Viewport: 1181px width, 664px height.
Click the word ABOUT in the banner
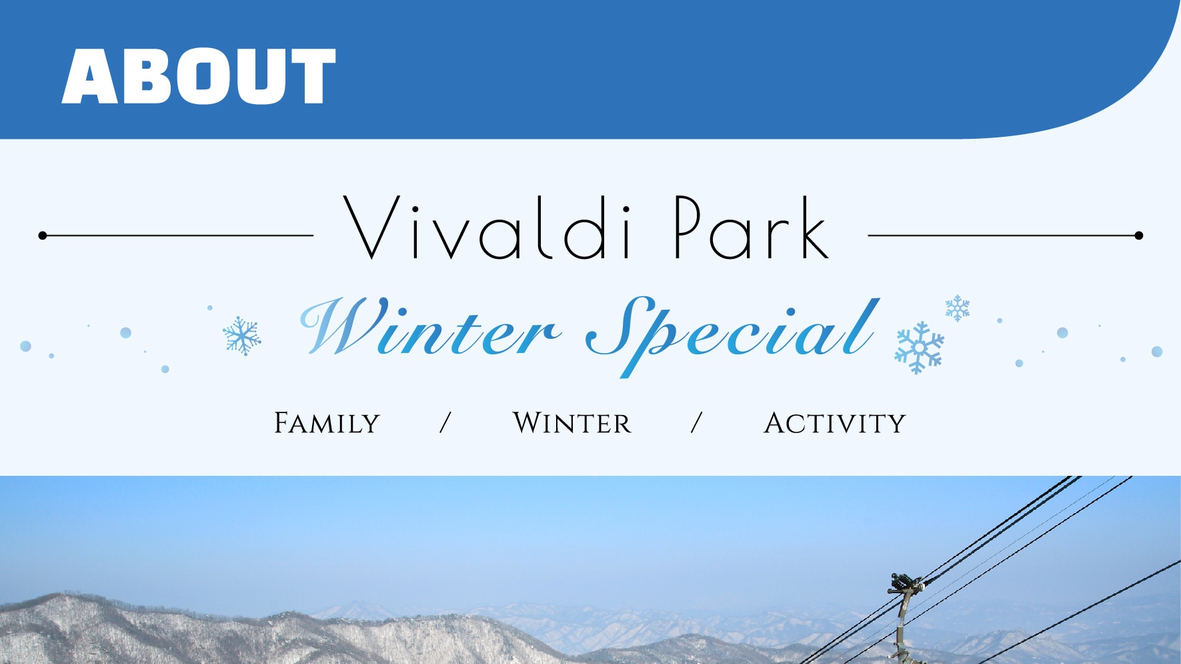pos(199,76)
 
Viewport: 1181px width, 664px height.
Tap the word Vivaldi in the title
pos(487,228)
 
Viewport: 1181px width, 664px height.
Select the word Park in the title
pos(752,228)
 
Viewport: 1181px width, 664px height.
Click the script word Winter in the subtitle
pos(430,327)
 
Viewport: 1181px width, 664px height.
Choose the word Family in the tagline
pos(327,423)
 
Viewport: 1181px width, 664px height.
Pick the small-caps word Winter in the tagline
pos(571,423)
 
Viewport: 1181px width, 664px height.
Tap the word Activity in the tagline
pos(834,423)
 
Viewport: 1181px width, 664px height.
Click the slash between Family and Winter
pos(445,423)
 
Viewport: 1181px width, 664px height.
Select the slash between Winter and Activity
pos(697,423)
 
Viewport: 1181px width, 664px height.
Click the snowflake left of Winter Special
pos(241,336)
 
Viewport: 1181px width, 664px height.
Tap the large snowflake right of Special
pos(919,348)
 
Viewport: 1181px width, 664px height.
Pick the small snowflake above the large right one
pos(958,308)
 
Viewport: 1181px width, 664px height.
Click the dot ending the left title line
pos(43,236)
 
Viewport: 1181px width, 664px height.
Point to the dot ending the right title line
pos(1139,236)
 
